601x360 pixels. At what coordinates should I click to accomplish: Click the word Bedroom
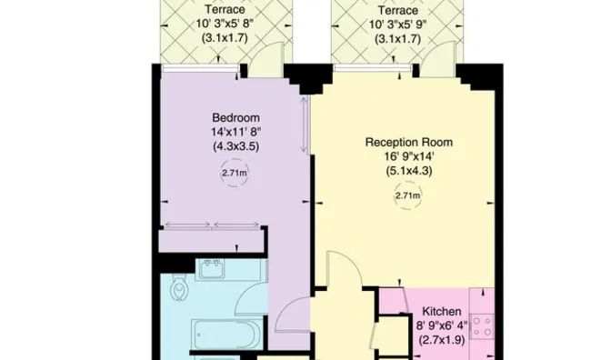point(235,117)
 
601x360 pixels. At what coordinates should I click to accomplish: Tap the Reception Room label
point(408,142)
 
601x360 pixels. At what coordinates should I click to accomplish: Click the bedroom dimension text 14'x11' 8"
point(235,132)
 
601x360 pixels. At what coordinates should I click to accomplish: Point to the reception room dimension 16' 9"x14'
point(408,156)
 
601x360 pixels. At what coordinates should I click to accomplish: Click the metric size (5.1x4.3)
point(408,172)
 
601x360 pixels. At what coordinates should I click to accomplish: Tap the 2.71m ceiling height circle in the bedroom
point(235,172)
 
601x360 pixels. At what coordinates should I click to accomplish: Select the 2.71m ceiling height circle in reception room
point(408,195)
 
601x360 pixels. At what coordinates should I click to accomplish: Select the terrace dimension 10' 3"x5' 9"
point(401,25)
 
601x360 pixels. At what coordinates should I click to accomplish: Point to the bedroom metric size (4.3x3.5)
point(235,146)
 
